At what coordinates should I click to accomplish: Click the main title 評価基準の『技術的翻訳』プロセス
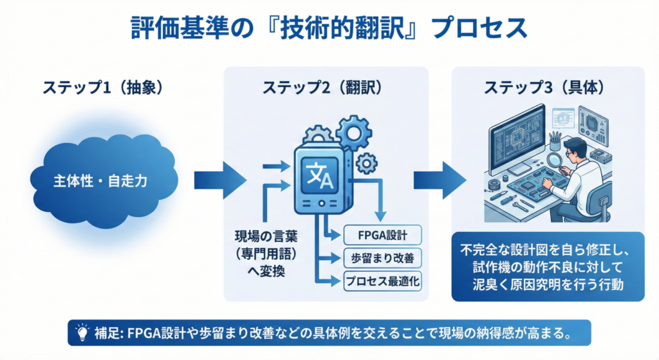(329, 29)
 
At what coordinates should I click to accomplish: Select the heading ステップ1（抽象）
(104, 88)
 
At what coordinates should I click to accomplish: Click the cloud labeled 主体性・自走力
(100, 181)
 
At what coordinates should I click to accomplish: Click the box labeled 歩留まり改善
(382, 258)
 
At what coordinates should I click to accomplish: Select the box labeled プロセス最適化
(382, 281)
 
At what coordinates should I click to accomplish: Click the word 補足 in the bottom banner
(105, 334)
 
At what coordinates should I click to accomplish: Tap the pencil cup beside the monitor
(554, 141)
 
